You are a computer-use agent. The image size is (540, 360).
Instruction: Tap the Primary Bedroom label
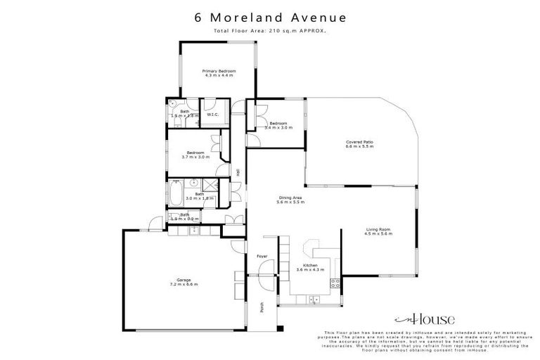point(219,71)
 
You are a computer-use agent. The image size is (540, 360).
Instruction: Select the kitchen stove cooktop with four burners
point(335,284)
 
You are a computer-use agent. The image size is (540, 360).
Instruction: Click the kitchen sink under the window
point(314,300)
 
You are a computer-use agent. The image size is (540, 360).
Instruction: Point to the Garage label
point(184,279)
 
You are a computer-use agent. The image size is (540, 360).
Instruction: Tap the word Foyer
point(262,256)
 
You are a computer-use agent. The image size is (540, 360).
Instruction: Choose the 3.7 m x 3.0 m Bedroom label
point(195,153)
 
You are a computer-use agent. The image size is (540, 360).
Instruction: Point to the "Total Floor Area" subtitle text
point(269,32)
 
